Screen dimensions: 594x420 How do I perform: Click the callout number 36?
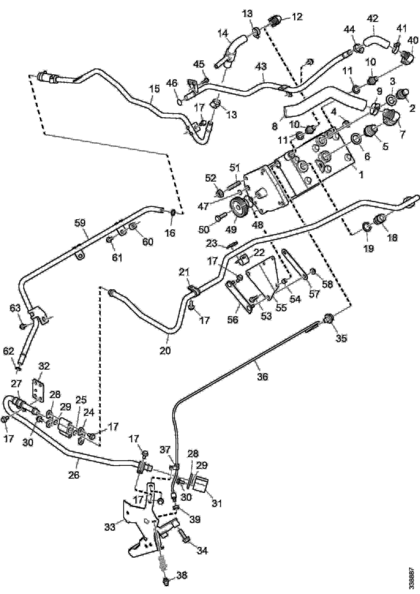pos(262,376)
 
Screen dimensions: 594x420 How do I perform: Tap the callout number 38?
pos(182,575)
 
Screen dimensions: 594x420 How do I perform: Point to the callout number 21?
pos(184,272)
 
